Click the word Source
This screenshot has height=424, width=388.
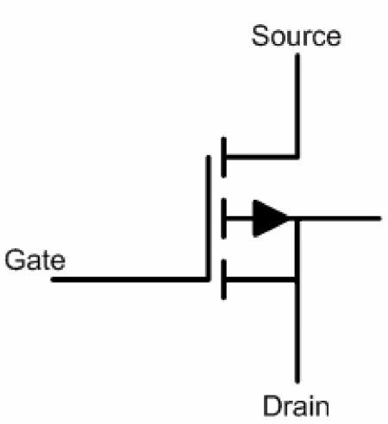297,35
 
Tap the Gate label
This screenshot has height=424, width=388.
35,259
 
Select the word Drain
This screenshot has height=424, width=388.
296,406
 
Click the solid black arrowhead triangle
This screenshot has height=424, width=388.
271,219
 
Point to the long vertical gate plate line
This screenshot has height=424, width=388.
209,218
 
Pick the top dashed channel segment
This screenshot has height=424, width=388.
223,157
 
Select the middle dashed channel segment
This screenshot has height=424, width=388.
223,218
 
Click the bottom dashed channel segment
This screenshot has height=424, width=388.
223,279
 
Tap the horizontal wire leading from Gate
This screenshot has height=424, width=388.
129,279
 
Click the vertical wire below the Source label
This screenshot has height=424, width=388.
297,105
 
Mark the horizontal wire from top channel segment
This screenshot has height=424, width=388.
261,157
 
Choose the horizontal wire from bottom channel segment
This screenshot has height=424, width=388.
261,279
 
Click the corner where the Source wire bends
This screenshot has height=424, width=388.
297,157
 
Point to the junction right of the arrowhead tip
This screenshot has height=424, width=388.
297,219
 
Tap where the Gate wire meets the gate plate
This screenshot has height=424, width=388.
209,279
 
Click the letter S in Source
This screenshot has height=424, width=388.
261,35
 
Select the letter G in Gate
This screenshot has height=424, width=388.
15,259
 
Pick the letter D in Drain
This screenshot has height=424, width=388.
273,406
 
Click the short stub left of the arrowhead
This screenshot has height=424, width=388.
240,219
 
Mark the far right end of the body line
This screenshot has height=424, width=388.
380,219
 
